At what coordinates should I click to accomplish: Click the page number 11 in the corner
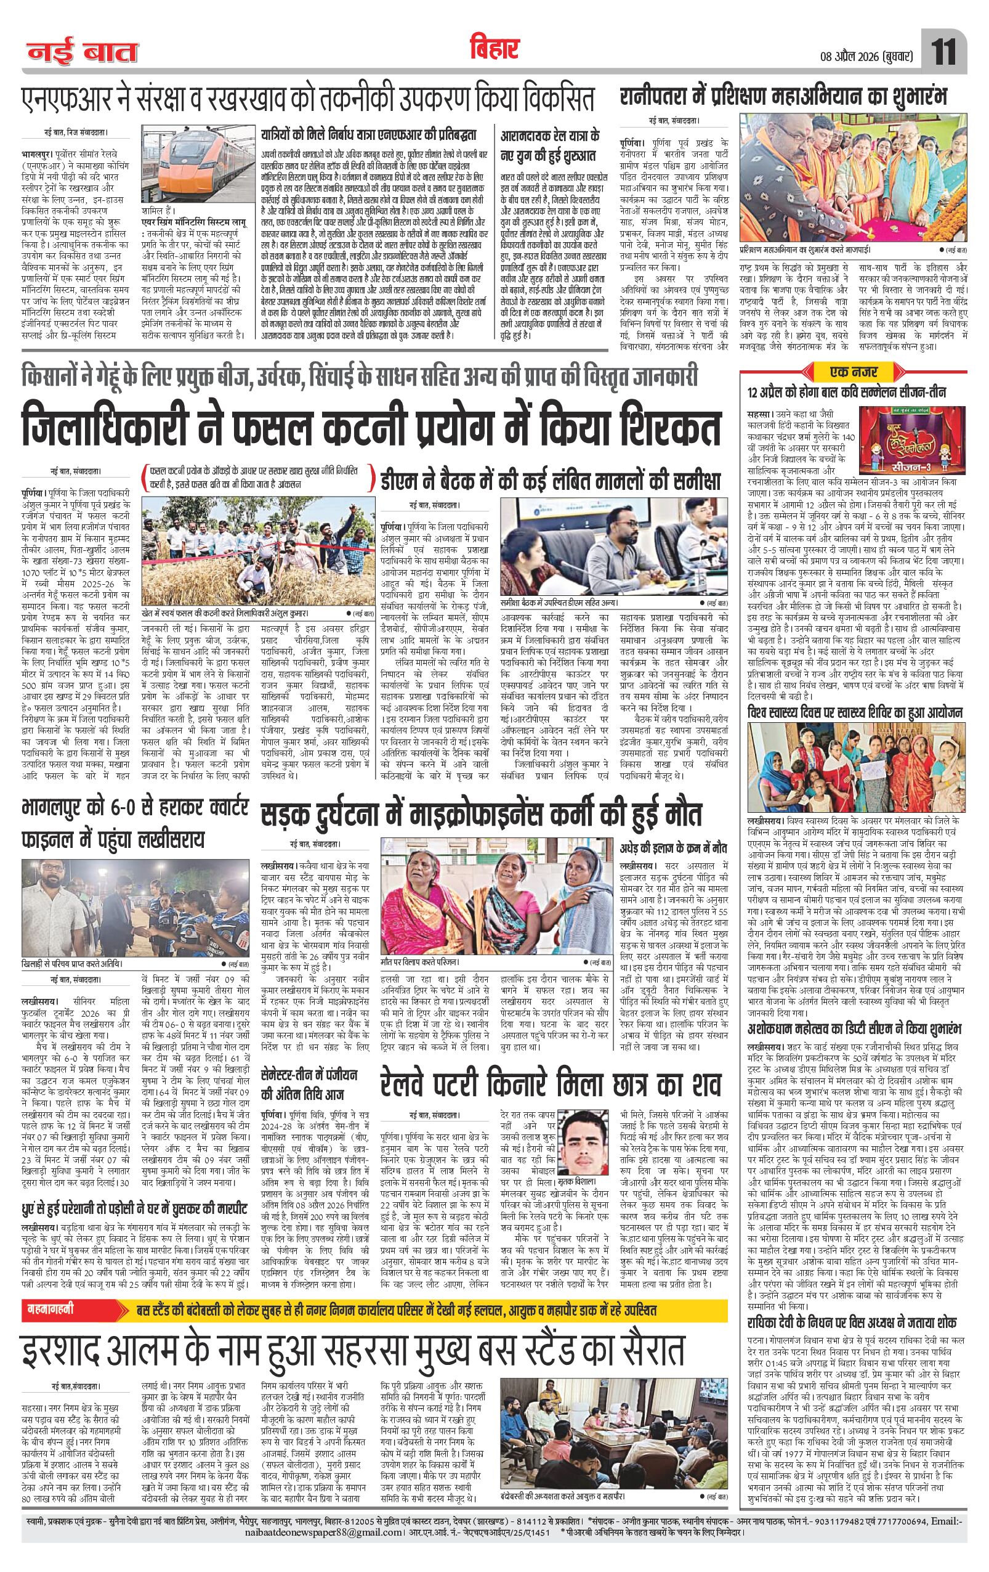[x=944, y=52]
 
